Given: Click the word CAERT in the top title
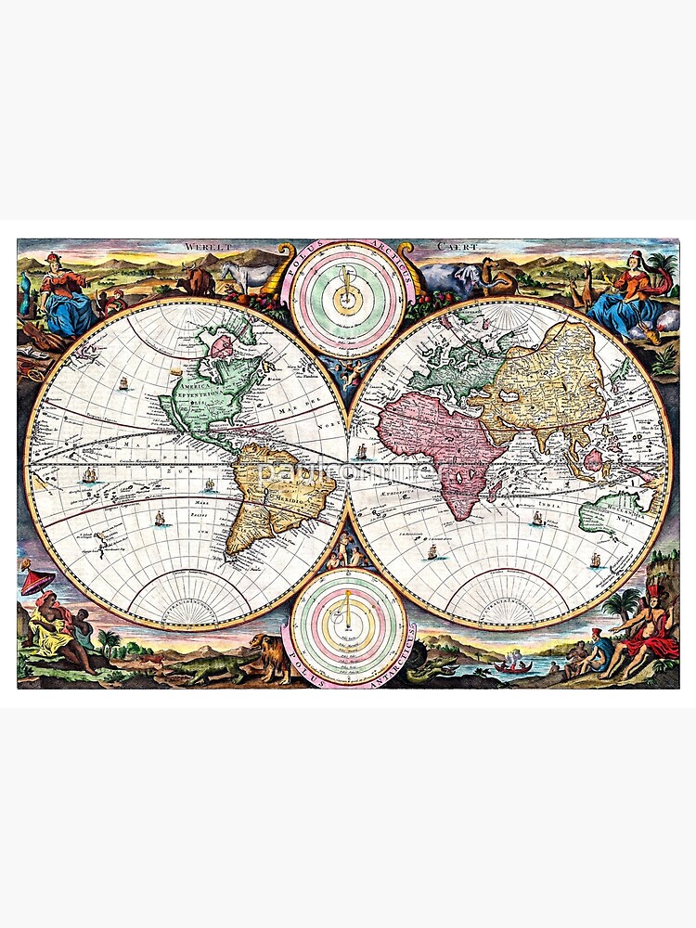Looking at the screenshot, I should (x=458, y=248).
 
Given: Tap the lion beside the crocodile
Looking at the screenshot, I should (x=269, y=654).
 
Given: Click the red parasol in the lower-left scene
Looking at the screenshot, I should (x=36, y=581).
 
